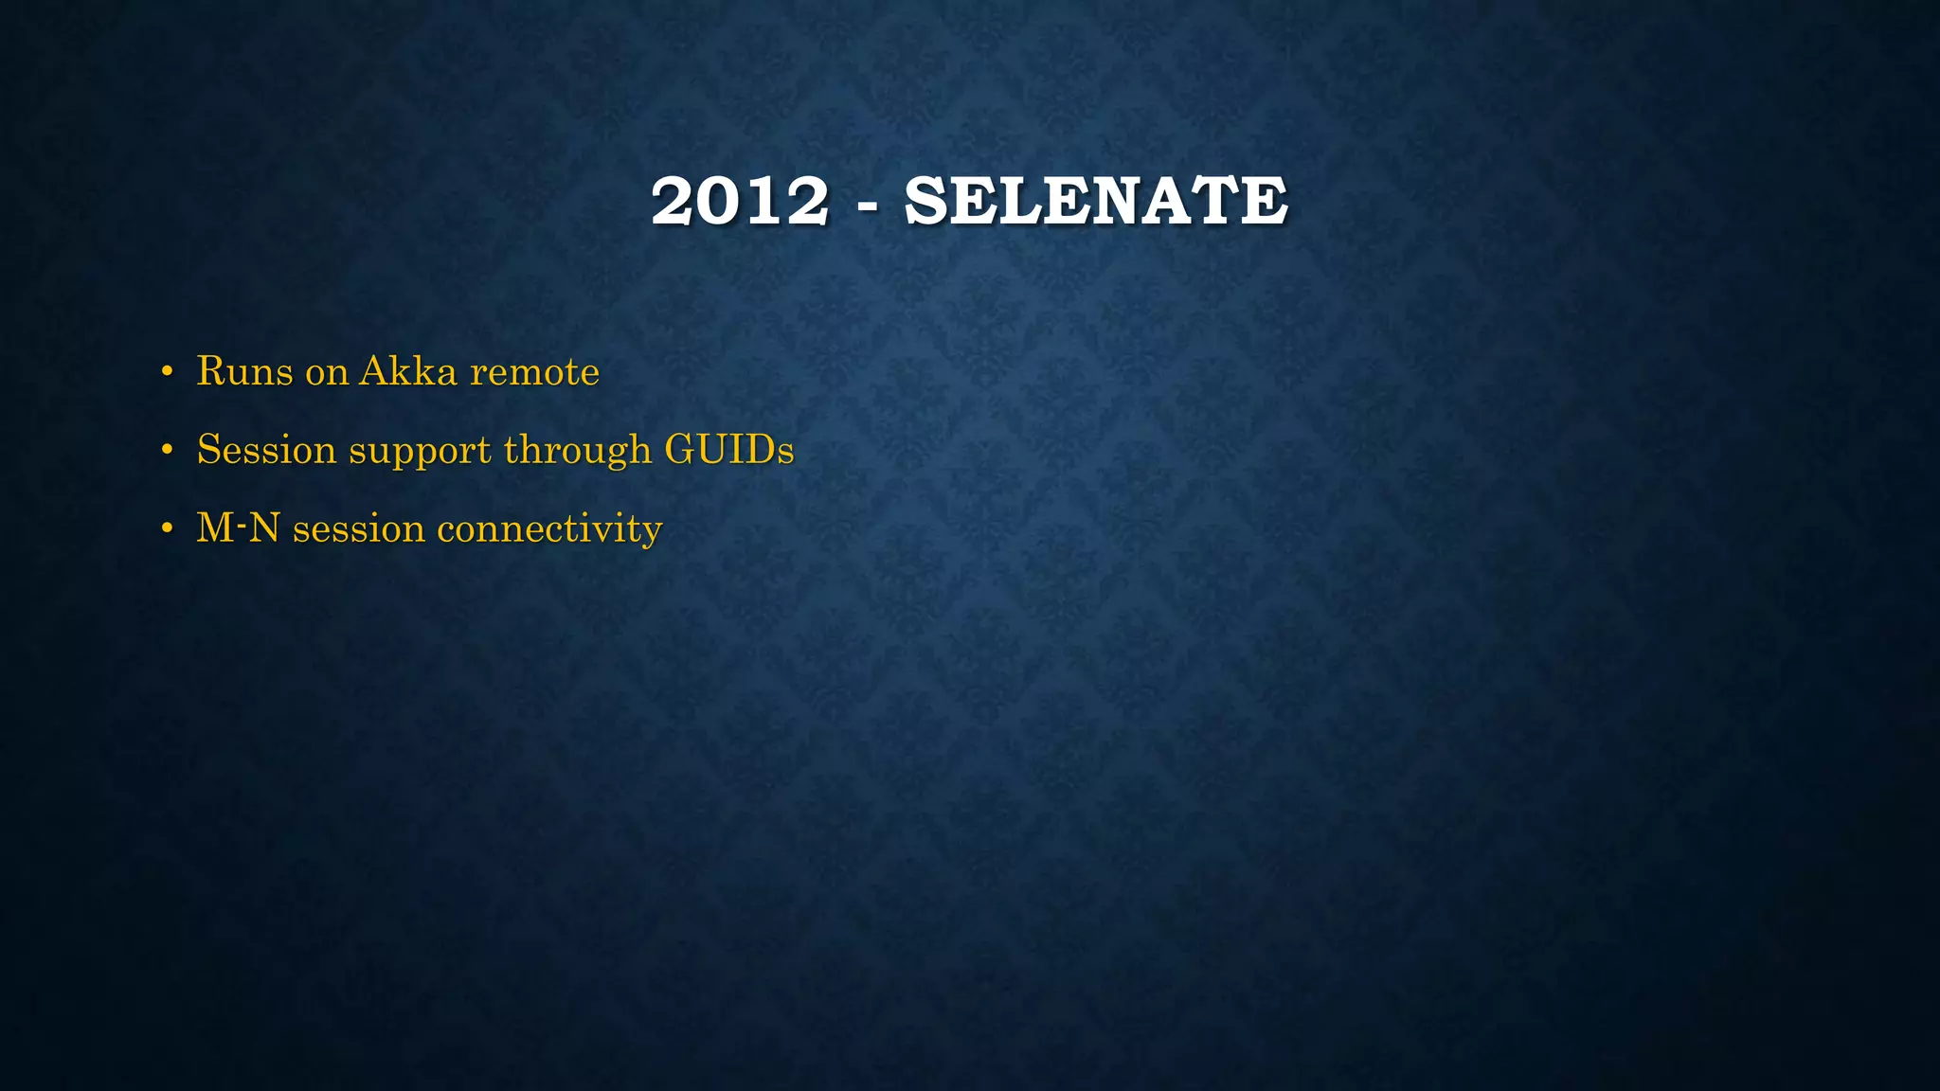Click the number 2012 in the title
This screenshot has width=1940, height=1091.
point(740,201)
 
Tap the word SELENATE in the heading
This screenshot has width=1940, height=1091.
point(1096,201)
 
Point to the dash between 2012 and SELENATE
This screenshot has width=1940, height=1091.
point(866,205)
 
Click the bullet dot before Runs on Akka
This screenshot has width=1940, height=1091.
point(167,371)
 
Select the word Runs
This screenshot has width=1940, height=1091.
point(244,371)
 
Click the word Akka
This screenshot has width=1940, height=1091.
point(408,371)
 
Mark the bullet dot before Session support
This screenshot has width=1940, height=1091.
point(167,450)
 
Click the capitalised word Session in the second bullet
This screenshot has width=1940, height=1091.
point(266,450)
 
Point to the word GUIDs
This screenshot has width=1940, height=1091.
point(728,450)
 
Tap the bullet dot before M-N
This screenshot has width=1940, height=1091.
point(167,528)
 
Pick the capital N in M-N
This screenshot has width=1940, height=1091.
point(264,528)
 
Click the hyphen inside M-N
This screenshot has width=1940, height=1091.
point(240,521)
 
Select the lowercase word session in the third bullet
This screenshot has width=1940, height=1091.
point(359,528)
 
